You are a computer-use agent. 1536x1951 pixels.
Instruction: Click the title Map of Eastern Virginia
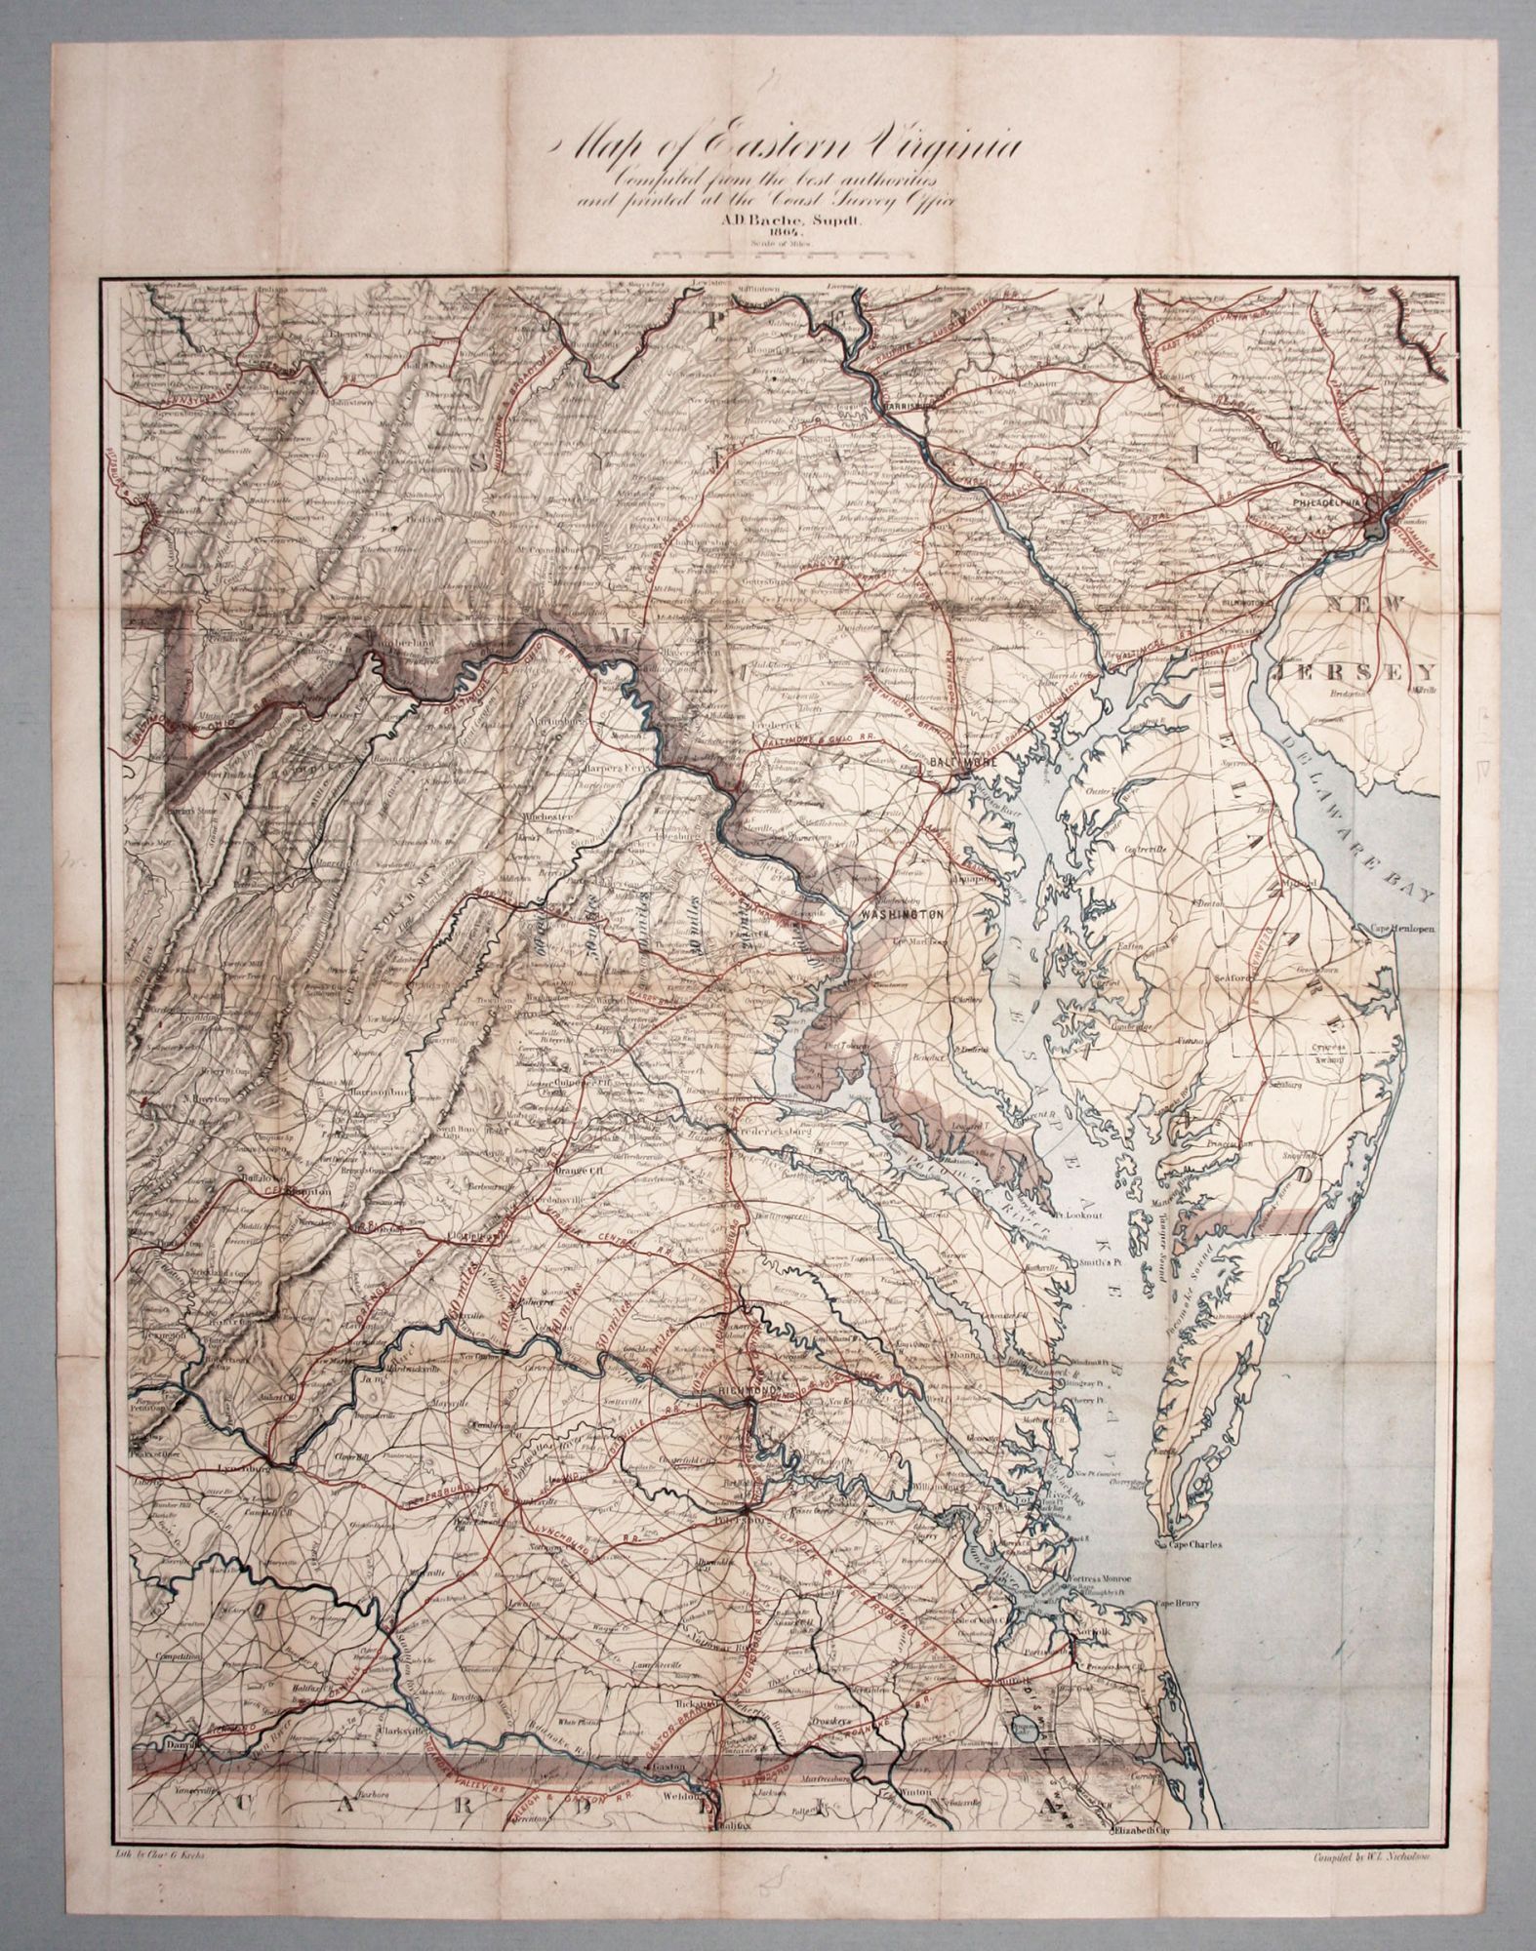coord(787,147)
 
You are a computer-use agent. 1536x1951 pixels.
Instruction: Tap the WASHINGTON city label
coord(904,914)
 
